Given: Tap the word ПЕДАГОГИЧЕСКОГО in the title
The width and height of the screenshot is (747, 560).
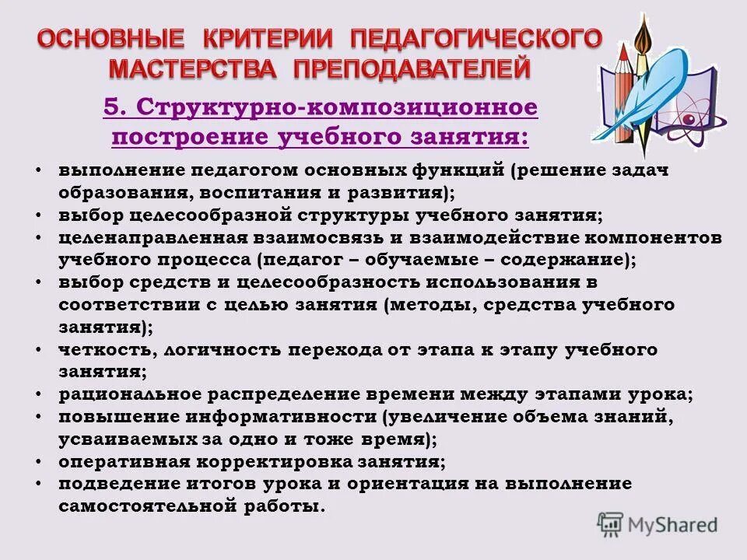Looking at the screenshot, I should click(x=475, y=38).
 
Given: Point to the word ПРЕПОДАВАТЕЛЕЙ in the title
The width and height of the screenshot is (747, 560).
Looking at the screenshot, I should click(x=412, y=68).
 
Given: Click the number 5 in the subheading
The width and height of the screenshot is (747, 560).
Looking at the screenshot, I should click(x=110, y=107).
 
